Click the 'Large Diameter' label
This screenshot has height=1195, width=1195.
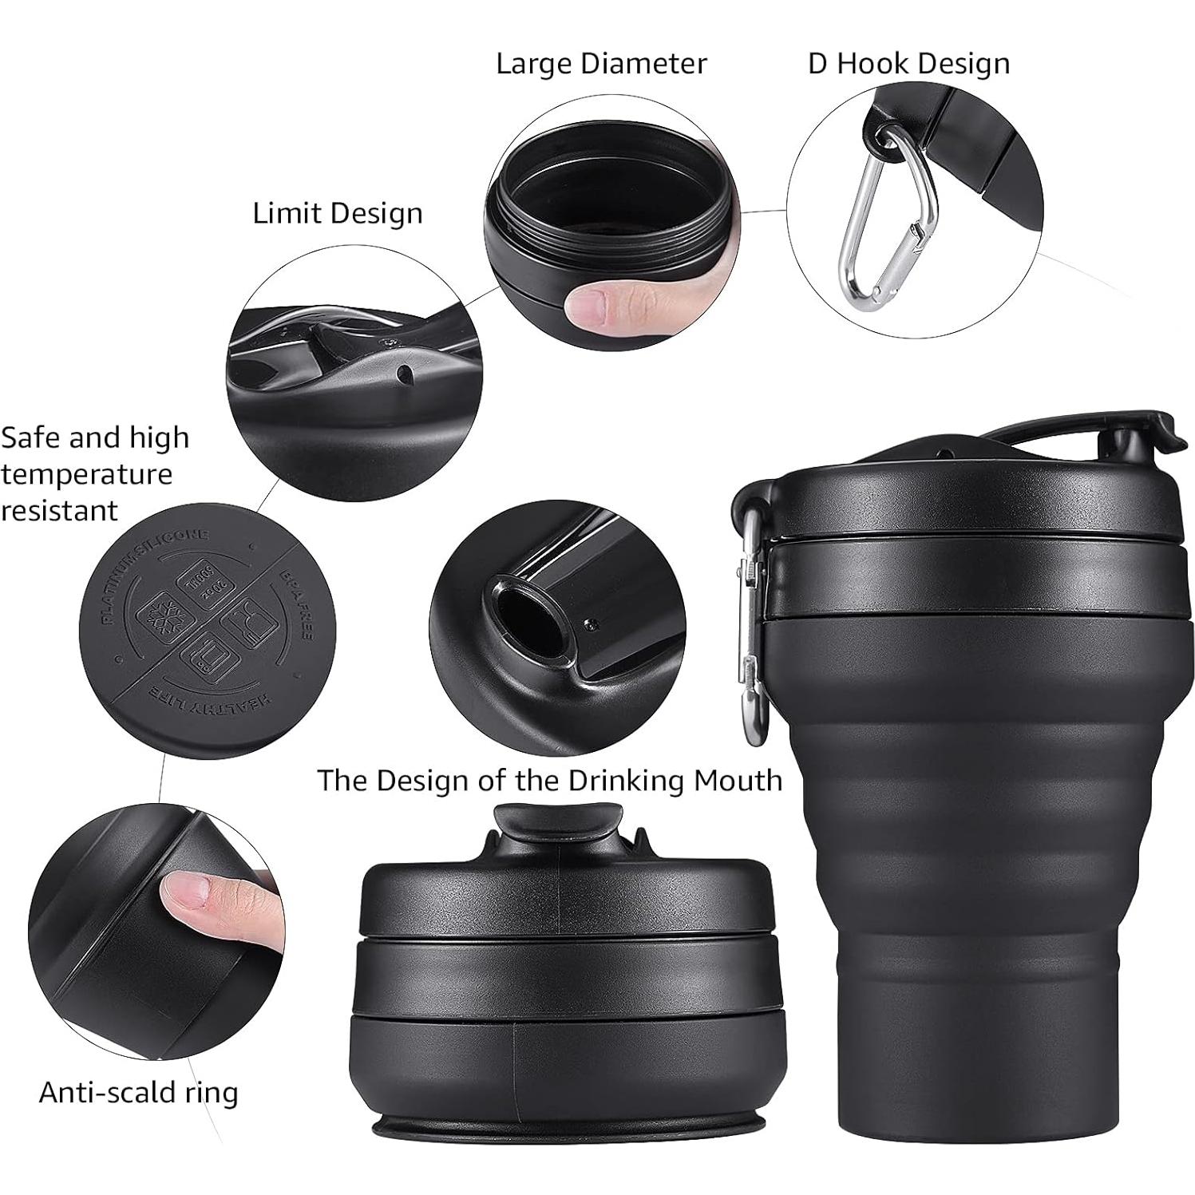pos(600,64)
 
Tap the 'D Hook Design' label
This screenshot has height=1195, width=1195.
pos(908,64)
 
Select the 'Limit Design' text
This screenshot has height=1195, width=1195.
pos(337,214)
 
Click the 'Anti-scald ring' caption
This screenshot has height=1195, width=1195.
pos(138,1092)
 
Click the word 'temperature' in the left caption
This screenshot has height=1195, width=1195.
pos(86,474)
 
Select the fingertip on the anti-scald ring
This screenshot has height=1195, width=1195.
pos(192,902)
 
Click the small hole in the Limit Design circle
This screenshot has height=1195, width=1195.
pos(405,374)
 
